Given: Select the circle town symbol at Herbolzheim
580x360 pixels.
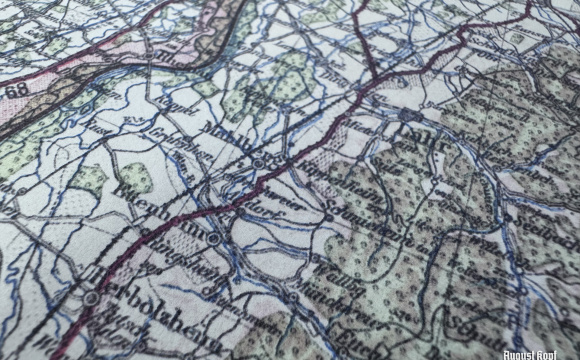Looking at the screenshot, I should (x=91, y=298).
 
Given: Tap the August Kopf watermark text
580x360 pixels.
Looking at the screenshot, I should (x=547, y=353).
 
